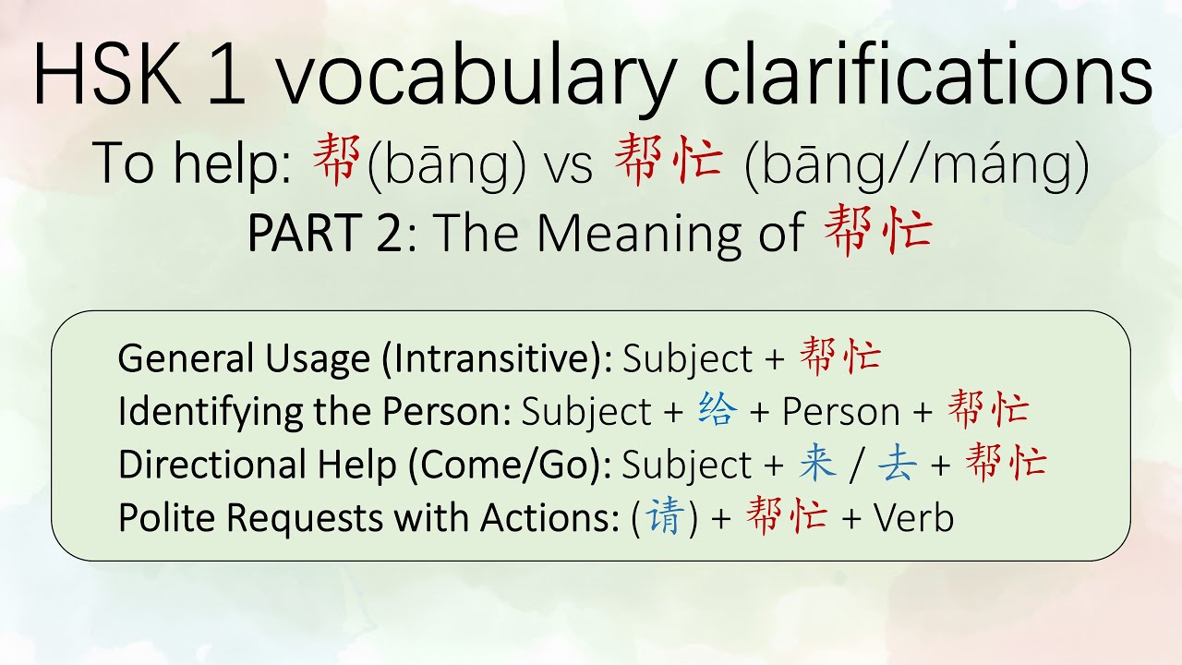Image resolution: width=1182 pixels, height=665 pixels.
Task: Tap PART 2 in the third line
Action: (325, 235)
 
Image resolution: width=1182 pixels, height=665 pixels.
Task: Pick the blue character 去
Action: (896, 464)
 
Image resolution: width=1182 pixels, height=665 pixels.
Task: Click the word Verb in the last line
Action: (913, 518)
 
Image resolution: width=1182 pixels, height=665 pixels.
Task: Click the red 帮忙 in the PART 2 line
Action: (876, 231)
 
